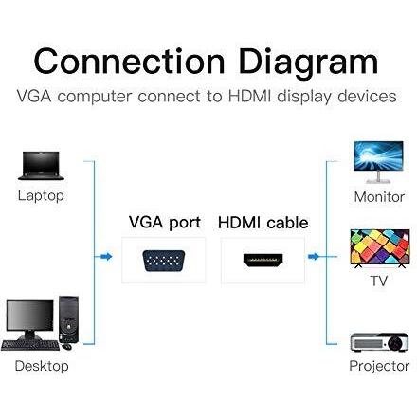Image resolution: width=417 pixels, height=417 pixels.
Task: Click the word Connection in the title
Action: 129,62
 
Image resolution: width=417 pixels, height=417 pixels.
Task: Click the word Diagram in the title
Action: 308,63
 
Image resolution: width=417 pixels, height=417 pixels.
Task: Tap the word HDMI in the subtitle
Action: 249,96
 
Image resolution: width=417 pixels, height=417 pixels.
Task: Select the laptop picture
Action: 41,166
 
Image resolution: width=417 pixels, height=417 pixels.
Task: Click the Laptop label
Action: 41,196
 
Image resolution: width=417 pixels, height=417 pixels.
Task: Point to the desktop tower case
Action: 68,319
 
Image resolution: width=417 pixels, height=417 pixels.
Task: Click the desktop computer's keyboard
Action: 30,345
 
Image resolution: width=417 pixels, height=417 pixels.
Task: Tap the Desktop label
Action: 42,366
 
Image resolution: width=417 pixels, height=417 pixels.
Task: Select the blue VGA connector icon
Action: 164,261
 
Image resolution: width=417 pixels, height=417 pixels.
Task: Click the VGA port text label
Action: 165,223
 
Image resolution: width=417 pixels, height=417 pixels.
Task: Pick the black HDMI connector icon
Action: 263,260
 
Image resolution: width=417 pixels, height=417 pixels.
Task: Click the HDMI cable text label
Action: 263,223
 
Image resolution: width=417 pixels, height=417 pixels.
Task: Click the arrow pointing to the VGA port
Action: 106,256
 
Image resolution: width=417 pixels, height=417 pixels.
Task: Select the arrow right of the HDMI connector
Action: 314,256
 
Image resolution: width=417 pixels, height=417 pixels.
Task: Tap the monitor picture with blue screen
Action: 378,162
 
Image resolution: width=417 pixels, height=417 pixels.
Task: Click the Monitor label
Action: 379,197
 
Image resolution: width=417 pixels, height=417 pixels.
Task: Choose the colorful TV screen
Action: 380,247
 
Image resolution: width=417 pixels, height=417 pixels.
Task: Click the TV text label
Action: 379,281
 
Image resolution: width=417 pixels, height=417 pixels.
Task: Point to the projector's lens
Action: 397,342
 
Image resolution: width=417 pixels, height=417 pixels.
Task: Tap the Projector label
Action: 379,366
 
